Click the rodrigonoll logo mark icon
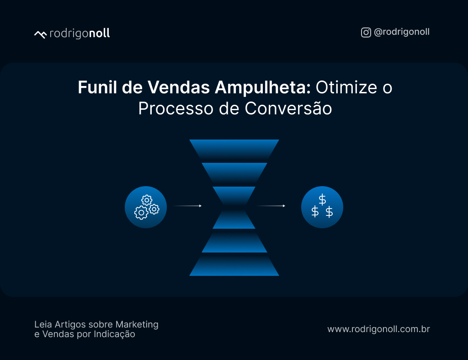[40, 34]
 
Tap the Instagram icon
[366, 32]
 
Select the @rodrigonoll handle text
[402, 32]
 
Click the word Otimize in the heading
[340, 87]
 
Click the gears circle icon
[146, 207]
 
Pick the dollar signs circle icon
[322, 207]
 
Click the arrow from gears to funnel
[187, 206]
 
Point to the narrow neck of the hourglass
[234, 207]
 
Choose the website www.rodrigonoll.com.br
[378, 329]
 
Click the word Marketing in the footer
[137, 324]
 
